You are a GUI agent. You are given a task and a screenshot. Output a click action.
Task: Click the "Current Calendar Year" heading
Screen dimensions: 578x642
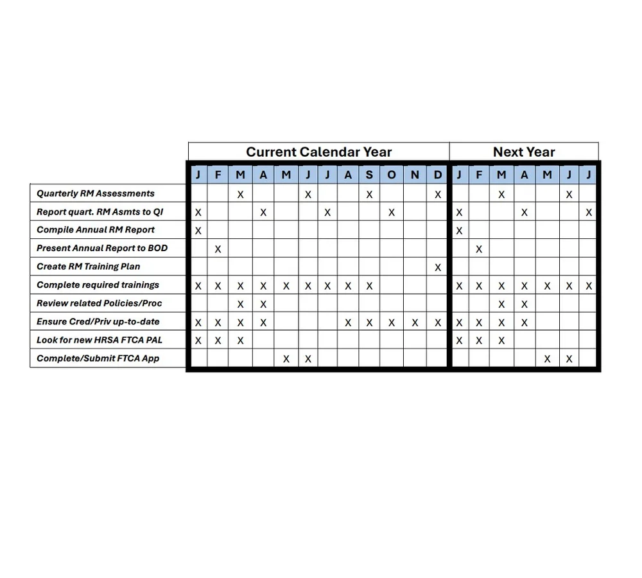point(318,152)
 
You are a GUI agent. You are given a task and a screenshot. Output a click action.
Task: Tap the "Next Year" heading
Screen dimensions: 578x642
point(524,152)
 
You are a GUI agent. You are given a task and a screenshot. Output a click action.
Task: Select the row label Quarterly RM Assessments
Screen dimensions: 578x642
point(96,193)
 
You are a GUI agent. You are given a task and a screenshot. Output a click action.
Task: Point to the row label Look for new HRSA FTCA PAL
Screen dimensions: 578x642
point(100,340)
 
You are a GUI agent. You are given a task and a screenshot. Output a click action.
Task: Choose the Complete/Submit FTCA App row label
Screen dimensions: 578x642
point(98,358)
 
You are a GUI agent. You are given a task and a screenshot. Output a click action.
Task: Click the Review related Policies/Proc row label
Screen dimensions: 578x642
point(98,303)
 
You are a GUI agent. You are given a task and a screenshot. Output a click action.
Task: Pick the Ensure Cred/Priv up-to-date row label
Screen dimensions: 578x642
point(98,322)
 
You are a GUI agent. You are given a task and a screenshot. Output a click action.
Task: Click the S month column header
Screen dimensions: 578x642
point(369,175)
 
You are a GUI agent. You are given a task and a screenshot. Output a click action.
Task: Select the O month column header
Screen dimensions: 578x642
point(392,175)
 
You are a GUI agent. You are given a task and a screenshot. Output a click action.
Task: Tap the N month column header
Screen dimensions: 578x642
point(415,175)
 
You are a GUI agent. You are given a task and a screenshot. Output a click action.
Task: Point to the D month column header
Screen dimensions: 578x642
point(438,175)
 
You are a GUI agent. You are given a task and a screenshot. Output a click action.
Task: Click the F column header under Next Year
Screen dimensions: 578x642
point(479,175)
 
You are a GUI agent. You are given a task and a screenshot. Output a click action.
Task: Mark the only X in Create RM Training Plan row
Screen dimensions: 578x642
point(438,267)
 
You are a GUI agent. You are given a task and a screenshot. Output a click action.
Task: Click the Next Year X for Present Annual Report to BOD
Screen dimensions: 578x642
point(479,249)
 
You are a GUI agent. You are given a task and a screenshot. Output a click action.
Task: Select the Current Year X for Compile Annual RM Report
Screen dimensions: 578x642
point(198,231)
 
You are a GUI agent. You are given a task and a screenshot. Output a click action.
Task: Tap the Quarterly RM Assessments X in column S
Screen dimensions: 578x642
point(369,194)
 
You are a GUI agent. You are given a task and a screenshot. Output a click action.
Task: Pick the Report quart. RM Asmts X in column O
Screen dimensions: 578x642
point(392,212)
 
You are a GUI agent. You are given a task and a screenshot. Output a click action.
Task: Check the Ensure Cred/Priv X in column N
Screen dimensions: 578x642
point(415,322)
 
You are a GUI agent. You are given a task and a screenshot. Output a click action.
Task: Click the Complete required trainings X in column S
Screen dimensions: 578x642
point(369,286)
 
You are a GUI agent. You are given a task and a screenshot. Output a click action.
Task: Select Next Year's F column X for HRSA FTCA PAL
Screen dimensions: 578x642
point(479,341)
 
